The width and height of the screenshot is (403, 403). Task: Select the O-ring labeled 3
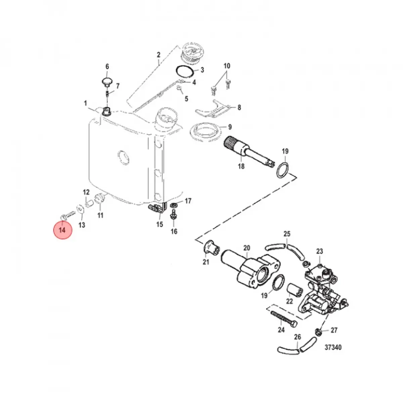(x=184, y=71)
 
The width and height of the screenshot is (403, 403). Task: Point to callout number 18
(x=241, y=166)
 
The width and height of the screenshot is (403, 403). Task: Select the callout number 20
(x=247, y=248)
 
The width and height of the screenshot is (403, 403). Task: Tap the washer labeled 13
(x=81, y=209)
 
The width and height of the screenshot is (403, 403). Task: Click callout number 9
(x=230, y=127)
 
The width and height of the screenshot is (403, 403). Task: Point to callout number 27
(x=334, y=330)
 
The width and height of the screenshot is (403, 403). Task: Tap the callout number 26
(x=298, y=337)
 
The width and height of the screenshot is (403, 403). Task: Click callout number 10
(x=227, y=65)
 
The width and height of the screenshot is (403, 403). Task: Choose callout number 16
(x=174, y=231)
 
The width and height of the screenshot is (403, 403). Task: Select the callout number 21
(x=206, y=262)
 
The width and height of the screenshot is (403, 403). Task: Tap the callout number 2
(x=159, y=55)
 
